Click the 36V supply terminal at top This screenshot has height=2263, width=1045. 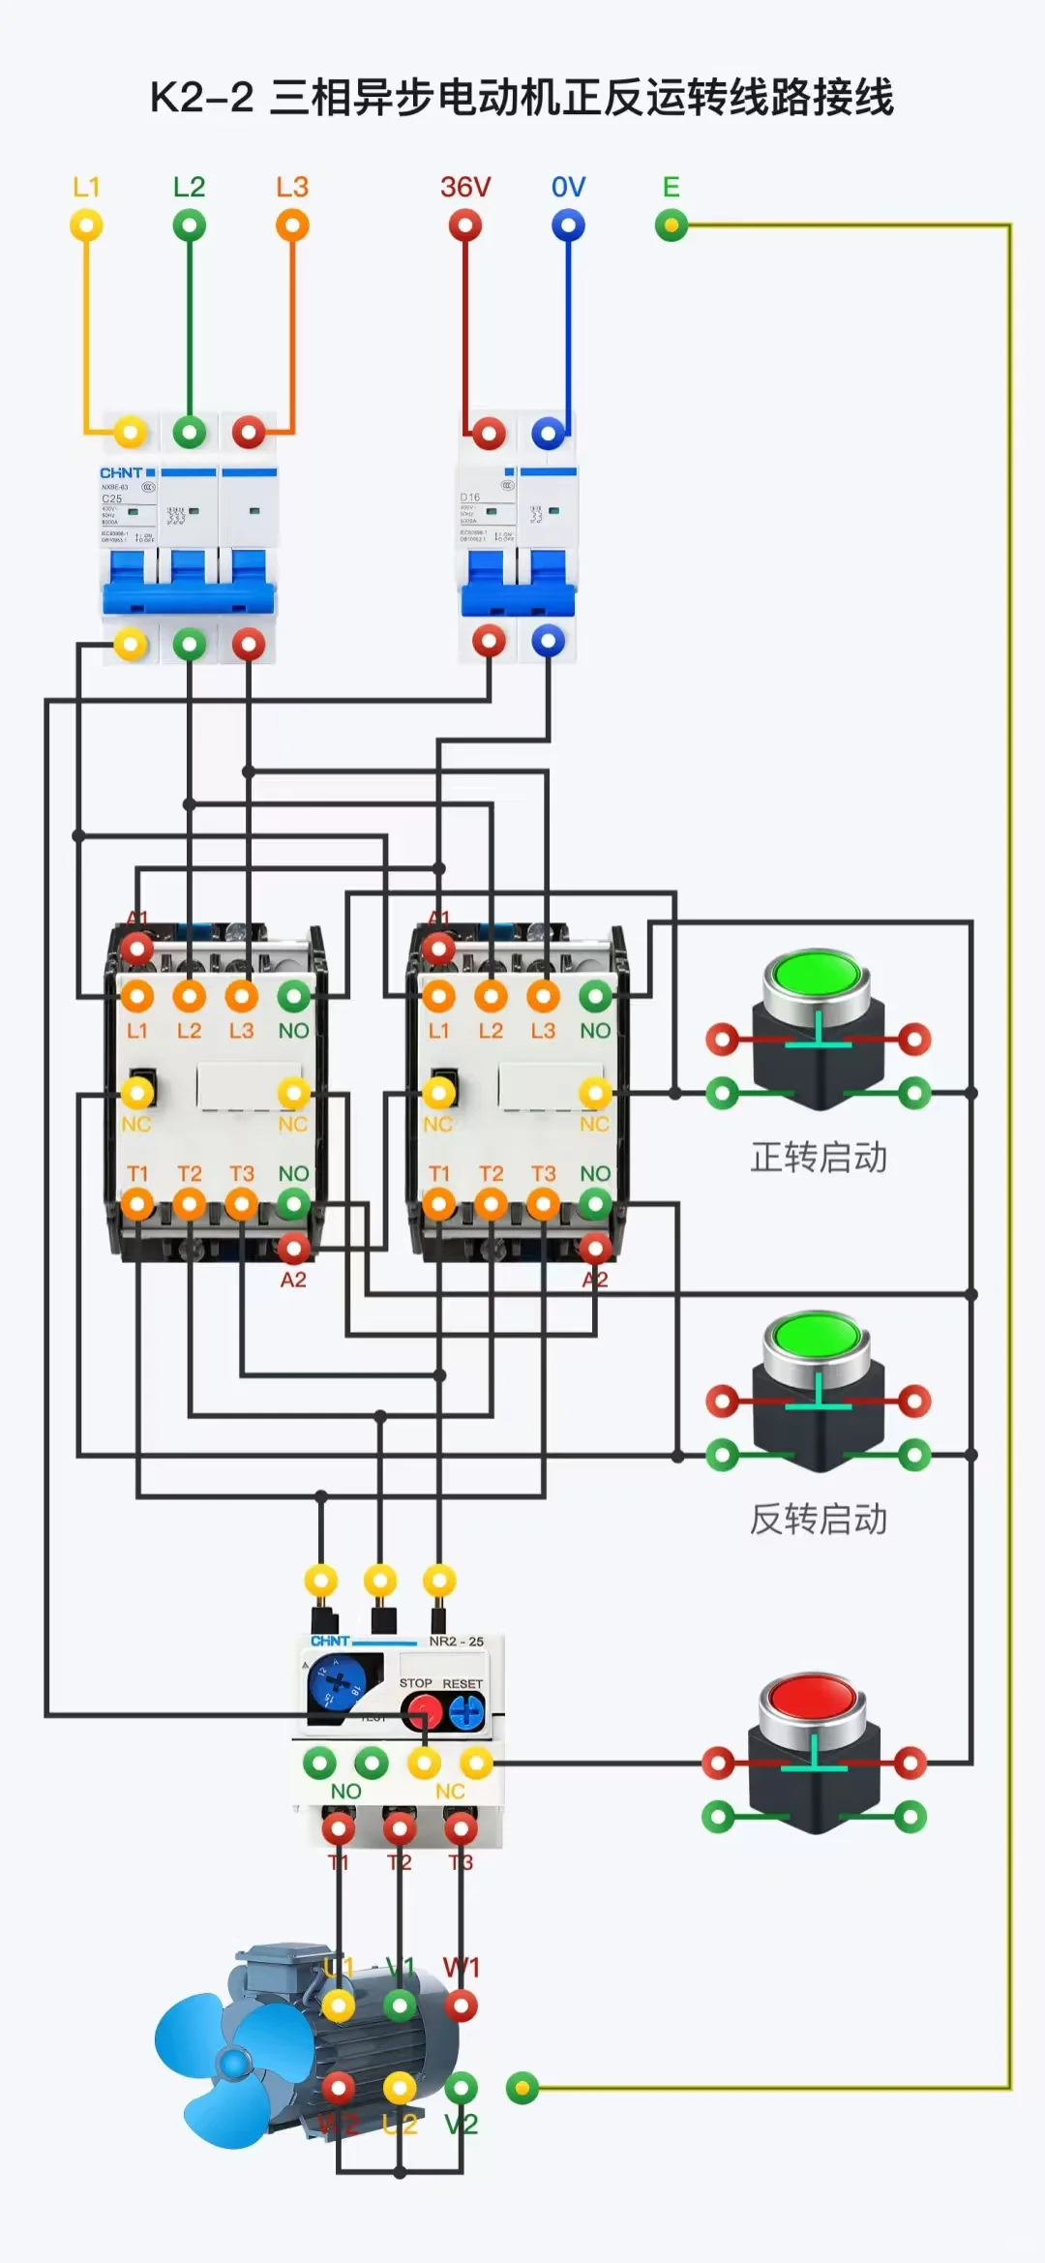tap(465, 226)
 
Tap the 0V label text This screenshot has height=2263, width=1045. tap(568, 187)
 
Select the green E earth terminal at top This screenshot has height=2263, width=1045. tap(671, 226)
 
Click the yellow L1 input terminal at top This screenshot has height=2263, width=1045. tap(86, 226)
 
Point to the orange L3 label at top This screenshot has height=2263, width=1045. tap(291, 187)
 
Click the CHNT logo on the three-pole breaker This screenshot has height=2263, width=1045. tap(121, 472)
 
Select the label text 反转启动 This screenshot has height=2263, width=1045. tap(819, 1519)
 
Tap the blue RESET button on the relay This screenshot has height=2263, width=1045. tap(467, 1713)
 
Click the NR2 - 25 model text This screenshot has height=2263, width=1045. tap(457, 1642)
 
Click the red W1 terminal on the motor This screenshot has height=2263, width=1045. tap(461, 2006)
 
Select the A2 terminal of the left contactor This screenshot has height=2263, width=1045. tap(293, 1249)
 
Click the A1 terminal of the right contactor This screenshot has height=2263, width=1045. tap(438, 949)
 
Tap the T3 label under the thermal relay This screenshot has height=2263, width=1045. tap(461, 1862)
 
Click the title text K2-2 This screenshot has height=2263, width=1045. tap(201, 97)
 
